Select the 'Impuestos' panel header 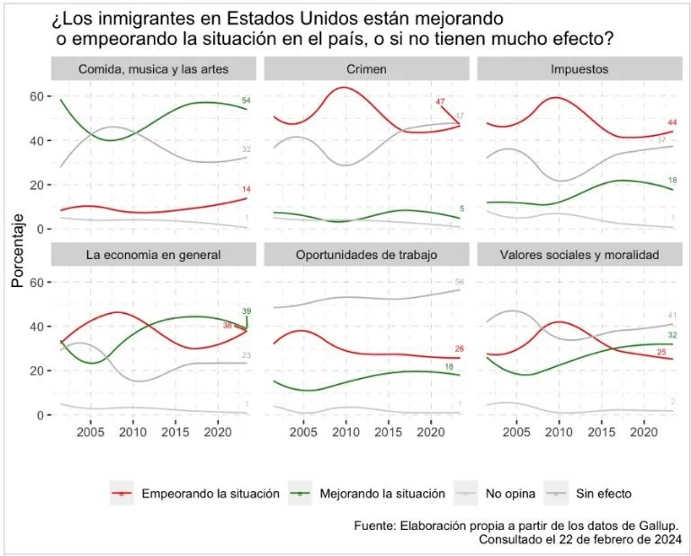(x=579, y=69)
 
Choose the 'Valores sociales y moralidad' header (x=579, y=256)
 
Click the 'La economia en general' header (x=154, y=256)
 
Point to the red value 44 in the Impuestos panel (x=671, y=122)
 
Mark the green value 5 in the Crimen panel (x=459, y=210)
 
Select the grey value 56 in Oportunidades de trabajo (x=459, y=282)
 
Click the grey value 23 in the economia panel (x=246, y=356)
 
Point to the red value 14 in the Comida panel (x=246, y=189)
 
